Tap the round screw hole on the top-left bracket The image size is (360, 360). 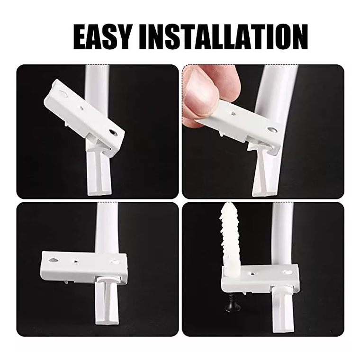(113, 132)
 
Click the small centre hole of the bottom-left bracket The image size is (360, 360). (75, 261)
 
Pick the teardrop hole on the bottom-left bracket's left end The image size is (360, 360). (53, 261)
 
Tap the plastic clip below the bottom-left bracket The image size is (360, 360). (107, 301)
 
